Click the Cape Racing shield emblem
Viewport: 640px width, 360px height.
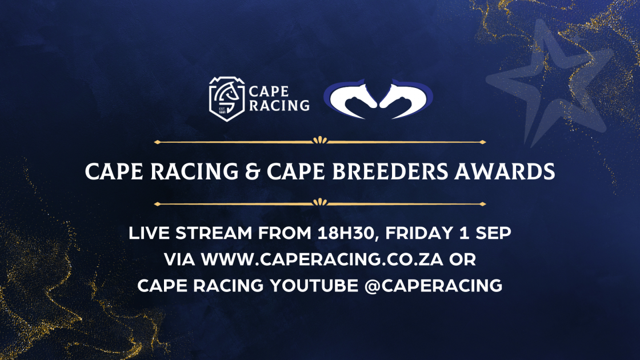pos(227,99)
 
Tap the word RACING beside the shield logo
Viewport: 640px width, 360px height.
pos(279,105)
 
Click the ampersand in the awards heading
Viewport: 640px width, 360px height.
pos(253,171)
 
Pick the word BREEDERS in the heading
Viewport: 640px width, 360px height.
pos(390,171)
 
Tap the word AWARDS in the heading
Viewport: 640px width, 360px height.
pos(505,171)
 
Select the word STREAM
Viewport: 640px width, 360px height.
pos(214,233)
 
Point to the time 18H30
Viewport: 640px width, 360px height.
pos(346,234)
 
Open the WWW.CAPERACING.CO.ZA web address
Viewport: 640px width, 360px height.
pos(322,259)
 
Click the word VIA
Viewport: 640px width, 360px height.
pos(179,259)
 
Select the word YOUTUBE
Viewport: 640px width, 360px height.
pos(314,285)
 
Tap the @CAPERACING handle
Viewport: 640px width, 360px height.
pos(433,286)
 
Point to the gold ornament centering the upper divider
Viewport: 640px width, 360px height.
pos(320,141)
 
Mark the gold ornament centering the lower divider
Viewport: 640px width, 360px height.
pos(320,202)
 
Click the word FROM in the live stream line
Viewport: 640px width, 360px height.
pos(285,233)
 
